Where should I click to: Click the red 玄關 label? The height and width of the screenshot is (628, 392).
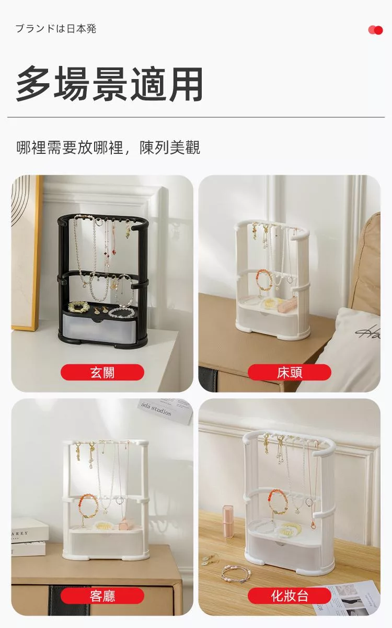click(x=102, y=372)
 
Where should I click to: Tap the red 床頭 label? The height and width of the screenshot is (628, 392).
click(x=290, y=372)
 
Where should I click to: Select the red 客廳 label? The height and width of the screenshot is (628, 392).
click(x=102, y=596)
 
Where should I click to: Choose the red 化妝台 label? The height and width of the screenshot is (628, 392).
click(x=290, y=596)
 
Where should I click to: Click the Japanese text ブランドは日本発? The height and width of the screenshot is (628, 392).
click(x=56, y=29)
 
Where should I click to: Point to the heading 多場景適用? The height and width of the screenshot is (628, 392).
click(x=109, y=84)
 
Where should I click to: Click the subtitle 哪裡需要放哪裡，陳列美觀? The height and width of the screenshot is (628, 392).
click(x=108, y=148)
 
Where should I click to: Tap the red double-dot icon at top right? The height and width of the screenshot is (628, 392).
click(x=375, y=30)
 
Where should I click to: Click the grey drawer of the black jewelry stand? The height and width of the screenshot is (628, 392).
click(x=99, y=326)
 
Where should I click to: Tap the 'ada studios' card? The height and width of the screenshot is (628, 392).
click(x=165, y=411)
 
